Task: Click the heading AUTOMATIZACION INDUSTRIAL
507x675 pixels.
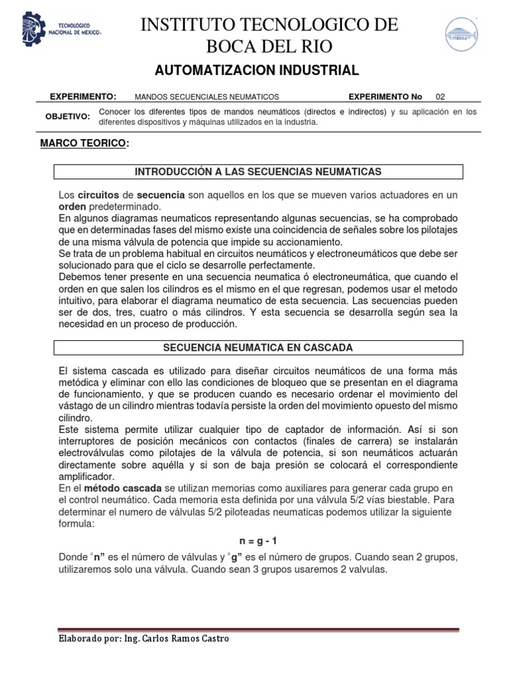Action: click(256, 71)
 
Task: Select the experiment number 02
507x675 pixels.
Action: click(450, 96)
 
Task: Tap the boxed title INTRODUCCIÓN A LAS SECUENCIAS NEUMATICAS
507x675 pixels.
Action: click(258, 172)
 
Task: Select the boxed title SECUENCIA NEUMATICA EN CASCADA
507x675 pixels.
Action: click(258, 347)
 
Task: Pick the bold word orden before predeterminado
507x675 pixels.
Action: click(73, 206)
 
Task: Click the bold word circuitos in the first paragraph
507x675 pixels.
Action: click(98, 196)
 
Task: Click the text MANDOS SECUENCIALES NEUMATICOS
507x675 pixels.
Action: click(207, 96)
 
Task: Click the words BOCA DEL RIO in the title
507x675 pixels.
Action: click(271, 47)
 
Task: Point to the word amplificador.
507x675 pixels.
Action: click(86, 477)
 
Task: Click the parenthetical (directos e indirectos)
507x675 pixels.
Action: click(345, 112)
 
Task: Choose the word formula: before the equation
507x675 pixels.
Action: click(77, 521)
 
